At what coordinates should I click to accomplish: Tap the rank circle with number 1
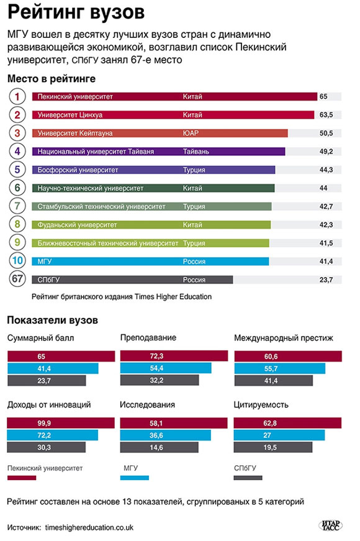point(18,97)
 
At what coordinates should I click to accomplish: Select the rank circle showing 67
point(18,280)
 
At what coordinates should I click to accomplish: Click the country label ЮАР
point(191,133)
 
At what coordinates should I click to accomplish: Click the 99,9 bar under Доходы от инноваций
point(61,422)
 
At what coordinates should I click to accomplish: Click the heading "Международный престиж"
point(284,338)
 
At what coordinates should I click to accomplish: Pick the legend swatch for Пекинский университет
point(21,478)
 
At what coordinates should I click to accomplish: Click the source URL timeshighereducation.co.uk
point(89,527)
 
